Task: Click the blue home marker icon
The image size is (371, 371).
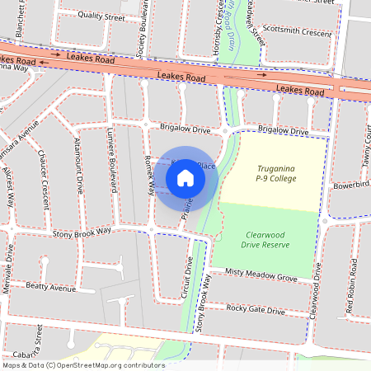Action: click(185, 178)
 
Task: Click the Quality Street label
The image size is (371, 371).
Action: click(101, 16)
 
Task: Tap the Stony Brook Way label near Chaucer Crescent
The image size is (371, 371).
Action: click(82, 232)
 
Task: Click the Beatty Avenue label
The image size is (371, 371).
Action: click(49, 287)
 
